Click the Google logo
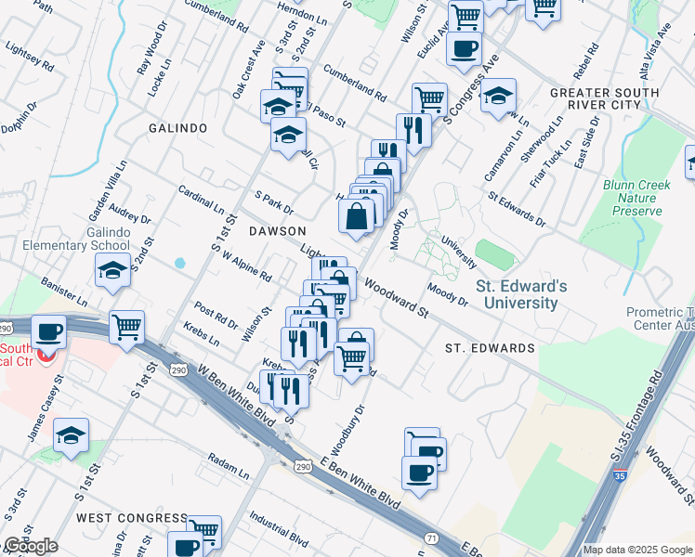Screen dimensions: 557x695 [x=31, y=546]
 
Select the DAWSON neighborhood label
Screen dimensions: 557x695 [x=276, y=230]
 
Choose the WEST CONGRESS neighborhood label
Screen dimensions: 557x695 [x=131, y=517]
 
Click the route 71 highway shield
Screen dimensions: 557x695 [x=430, y=538]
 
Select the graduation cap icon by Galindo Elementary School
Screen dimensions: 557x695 [x=113, y=271]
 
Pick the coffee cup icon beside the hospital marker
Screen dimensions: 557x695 [x=47, y=332]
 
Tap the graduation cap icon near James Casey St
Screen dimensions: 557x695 [x=71, y=435]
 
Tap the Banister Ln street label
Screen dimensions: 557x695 [x=64, y=291]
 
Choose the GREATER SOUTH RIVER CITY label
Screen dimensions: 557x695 [x=596, y=99]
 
